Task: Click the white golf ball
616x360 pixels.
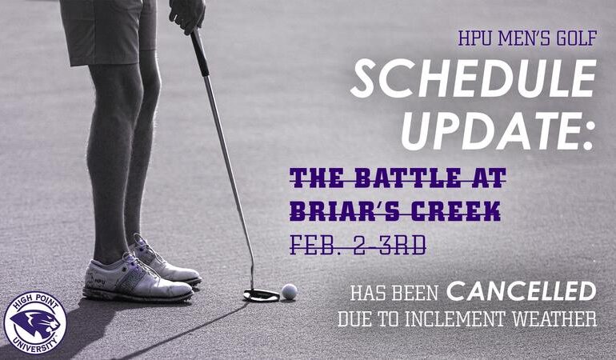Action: point(289,292)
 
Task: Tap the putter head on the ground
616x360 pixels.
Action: point(261,295)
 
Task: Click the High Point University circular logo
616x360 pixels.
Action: point(34,323)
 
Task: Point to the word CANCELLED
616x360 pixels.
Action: point(521,290)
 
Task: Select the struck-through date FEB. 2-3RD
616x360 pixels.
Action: point(357,244)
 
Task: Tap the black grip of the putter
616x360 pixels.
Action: point(200,52)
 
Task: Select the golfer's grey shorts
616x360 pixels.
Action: point(108,32)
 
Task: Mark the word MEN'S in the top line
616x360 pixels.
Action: point(526,38)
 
